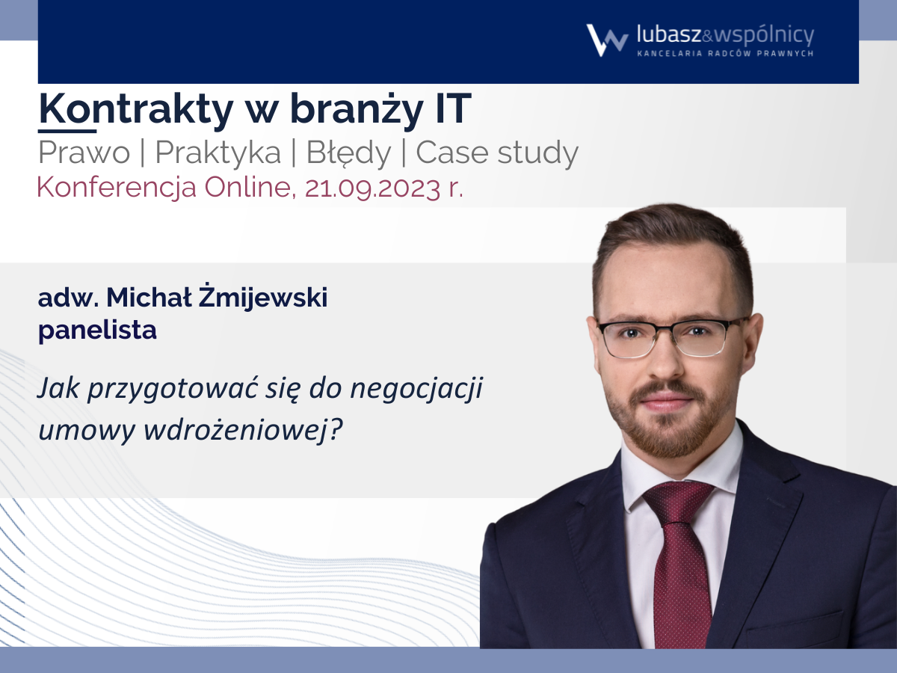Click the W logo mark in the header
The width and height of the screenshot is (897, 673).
pos(607,40)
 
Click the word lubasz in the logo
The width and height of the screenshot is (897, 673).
pos(669,34)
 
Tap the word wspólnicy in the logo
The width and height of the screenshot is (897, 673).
pos(764,36)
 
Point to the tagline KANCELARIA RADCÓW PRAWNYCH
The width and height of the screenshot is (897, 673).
pos(725,53)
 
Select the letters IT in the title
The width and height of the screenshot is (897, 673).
pos(453,108)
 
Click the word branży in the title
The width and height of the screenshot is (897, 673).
pos(357,109)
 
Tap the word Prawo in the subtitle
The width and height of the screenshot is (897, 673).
pos(84,153)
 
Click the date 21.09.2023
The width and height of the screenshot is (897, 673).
pos(372,188)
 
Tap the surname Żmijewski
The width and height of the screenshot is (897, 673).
pos(263,298)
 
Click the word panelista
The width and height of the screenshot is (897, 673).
pos(97,330)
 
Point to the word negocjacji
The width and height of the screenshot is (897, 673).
pos(416,389)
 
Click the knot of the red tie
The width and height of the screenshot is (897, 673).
pos(677,502)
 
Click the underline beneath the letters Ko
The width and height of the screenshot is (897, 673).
pos(67,131)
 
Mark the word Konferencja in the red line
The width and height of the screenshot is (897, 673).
pos(117,188)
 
